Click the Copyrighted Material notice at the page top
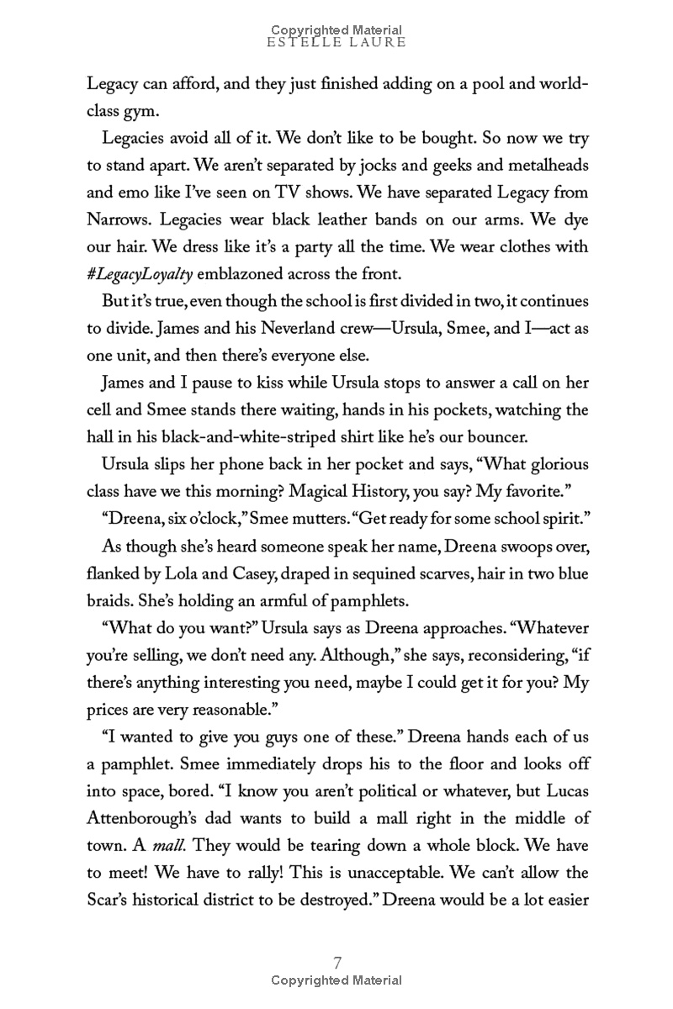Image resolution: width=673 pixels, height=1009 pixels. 336,29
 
